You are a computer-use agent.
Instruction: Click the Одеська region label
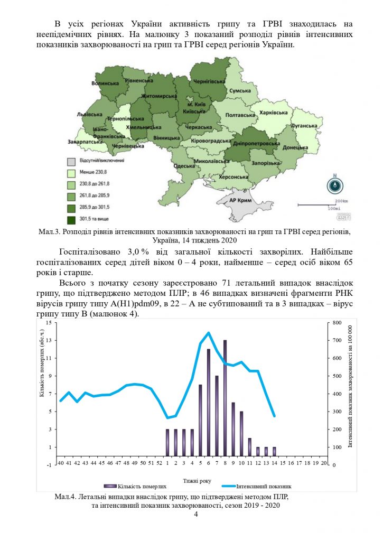point(184,166)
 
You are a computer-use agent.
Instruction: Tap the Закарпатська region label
point(84,142)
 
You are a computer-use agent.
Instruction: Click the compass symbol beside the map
point(335,185)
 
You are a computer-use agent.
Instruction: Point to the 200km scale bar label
point(342,200)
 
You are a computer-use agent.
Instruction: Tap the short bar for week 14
point(274,451)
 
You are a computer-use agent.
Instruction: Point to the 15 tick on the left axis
point(49,322)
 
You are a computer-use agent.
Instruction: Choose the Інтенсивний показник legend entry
point(264,486)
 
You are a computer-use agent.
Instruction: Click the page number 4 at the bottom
point(195,515)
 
